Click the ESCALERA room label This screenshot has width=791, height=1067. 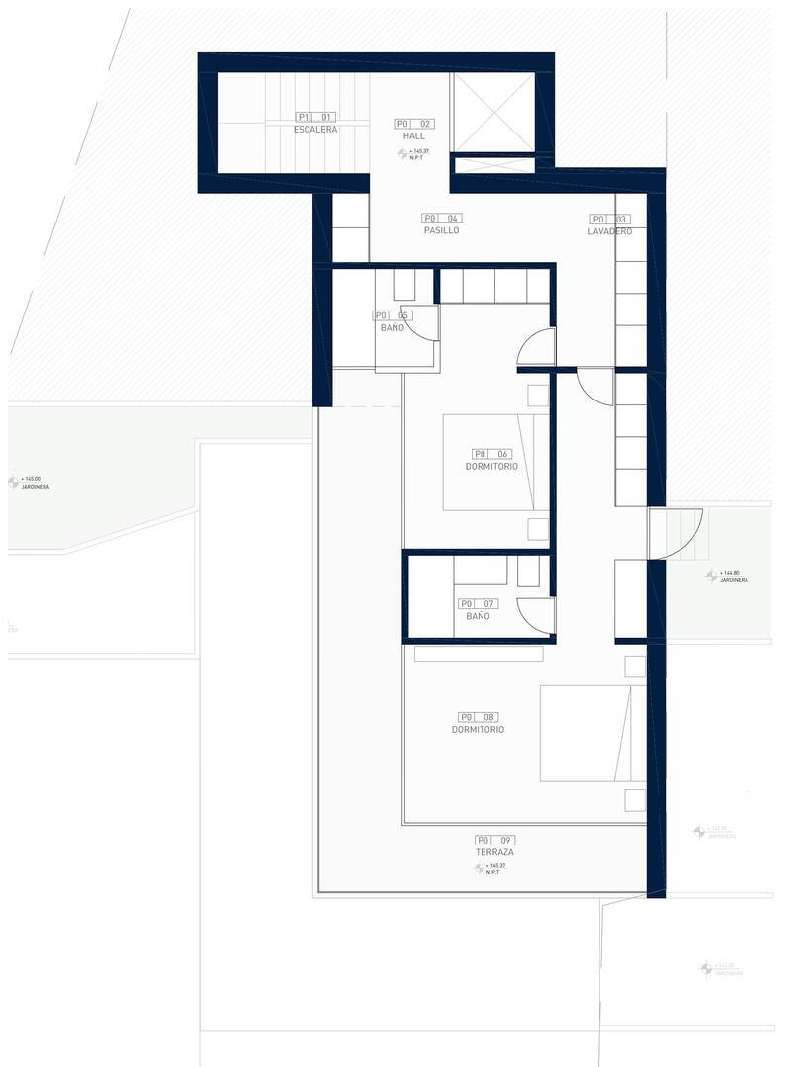pyautogui.click(x=315, y=130)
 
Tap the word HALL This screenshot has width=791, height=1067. pyautogui.click(x=414, y=136)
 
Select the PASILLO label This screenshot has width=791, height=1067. pyautogui.click(x=441, y=230)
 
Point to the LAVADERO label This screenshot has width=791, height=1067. pyautogui.click(x=609, y=231)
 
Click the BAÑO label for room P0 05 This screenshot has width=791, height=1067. pyautogui.click(x=391, y=328)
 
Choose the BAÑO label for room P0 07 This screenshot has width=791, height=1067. pyautogui.click(x=478, y=616)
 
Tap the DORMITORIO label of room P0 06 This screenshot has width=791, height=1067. pyautogui.click(x=491, y=466)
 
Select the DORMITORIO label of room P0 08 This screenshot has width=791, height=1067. pyautogui.click(x=478, y=730)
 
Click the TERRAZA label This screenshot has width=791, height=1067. pyautogui.click(x=493, y=852)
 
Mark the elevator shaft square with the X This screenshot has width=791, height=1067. pyautogui.click(x=493, y=112)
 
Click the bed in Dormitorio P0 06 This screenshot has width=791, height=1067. pyautogui.click(x=494, y=462)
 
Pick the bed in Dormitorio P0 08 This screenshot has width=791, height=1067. pyautogui.click(x=585, y=734)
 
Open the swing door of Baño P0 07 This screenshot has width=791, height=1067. pyautogui.click(x=535, y=615)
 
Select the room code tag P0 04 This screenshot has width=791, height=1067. pyautogui.click(x=441, y=218)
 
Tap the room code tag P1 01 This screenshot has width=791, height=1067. pyautogui.click(x=315, y=117)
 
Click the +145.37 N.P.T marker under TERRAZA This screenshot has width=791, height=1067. pyautogui.click(x=491, y=868)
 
